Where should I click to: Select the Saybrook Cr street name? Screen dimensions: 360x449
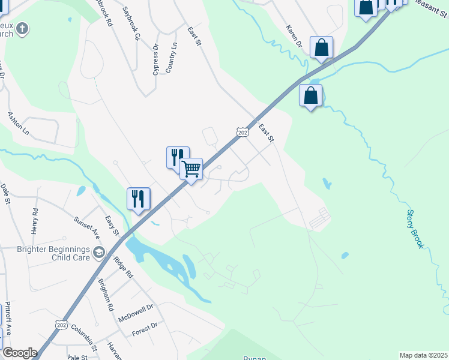[131, 23]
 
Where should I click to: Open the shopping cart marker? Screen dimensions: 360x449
[191, 169]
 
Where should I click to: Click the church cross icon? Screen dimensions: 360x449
[23, 28]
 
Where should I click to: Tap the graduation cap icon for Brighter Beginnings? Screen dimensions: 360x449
[98, 254]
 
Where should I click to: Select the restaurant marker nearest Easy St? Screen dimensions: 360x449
[138, 199]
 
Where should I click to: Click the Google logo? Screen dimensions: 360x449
[20, 353]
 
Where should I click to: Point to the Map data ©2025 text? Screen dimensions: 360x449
[423, 355]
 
